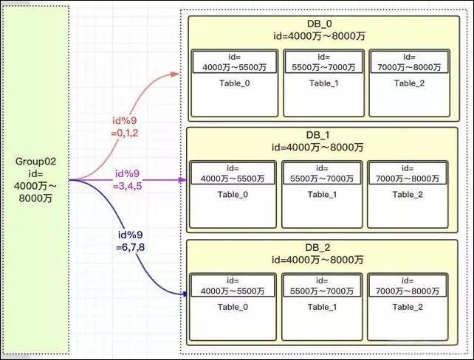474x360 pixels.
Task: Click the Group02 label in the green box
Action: (35, 160)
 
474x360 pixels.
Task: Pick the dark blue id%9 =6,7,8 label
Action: (130, 240)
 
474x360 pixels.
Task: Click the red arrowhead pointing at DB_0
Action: (176, 74)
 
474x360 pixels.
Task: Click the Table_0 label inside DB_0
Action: (234, 83)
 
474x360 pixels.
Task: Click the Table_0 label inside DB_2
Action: (234, 307)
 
